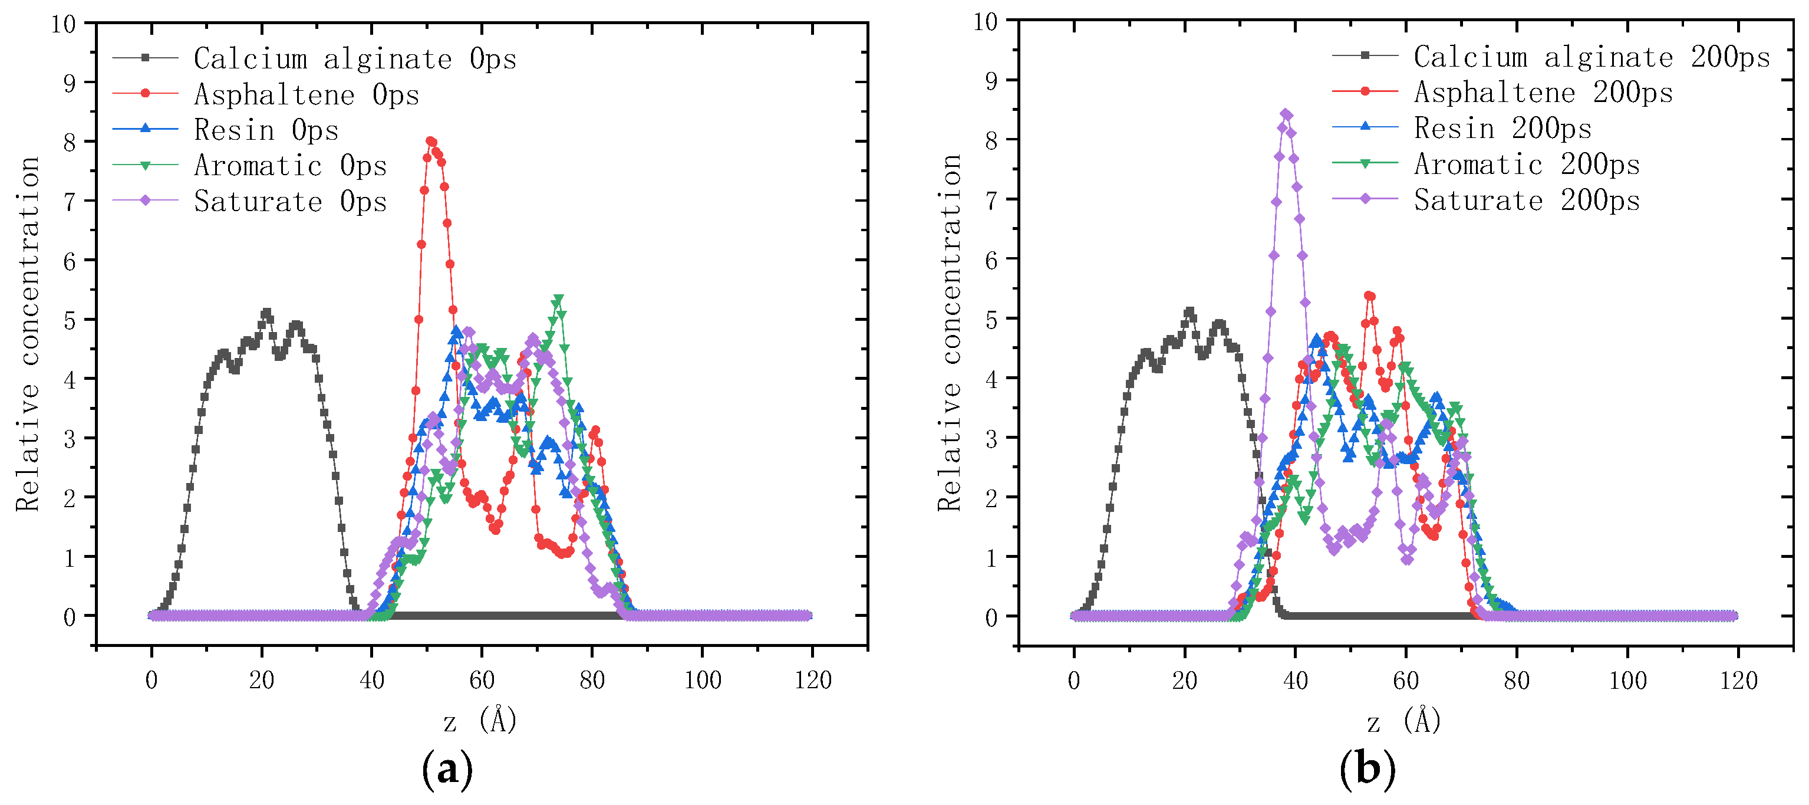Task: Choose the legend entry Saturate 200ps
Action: coord(1527,200)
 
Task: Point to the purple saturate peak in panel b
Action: coord(1286,114)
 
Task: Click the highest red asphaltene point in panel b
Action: coord(1369,295)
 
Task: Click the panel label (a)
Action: coord(447,770)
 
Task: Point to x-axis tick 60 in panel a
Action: coord(482,680)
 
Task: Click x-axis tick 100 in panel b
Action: coord(1627,680)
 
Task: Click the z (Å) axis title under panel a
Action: coord(480,720)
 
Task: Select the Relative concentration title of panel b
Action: coord(949,331)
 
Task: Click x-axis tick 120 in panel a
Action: coord(812,680)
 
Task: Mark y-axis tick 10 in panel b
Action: coord(986,22)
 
